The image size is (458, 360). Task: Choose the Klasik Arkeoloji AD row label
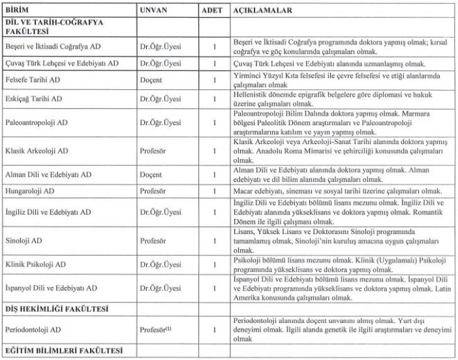[x=37, y=151]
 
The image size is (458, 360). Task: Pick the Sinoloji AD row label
[x=25, y=241]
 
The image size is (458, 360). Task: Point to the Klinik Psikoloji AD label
[x=37, y=265]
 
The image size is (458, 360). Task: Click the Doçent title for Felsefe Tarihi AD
[x=153, y=80]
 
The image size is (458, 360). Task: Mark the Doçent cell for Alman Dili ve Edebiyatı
[x=153, y=175]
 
